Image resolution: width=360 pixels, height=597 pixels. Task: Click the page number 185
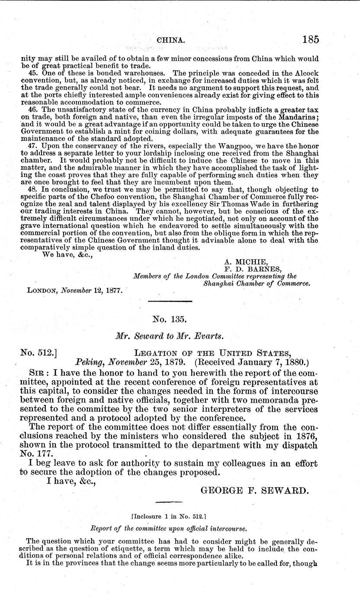click(x=311, y=40)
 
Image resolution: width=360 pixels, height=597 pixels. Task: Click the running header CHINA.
click(x=171, y=40)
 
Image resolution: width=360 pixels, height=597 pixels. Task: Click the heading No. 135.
click(x=170, y=320)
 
